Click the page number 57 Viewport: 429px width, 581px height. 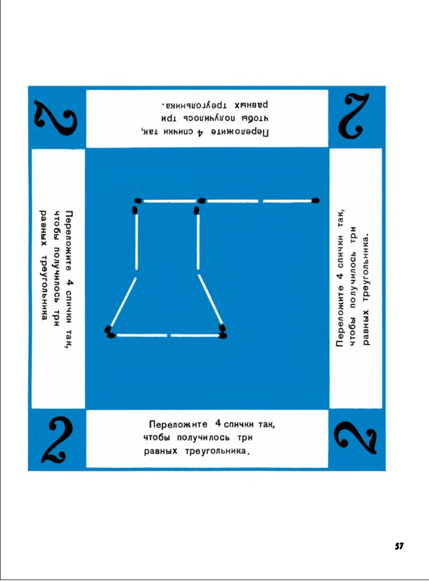[x=399, y=546]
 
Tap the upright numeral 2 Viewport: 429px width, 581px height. [x=58, y=439]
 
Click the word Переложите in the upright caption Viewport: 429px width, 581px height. [x=178, y=424]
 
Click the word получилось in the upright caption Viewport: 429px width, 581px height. [x=203, y=438]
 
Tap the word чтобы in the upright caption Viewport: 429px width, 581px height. [x=157, y=438]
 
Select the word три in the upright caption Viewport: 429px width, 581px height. [x=245, y=438]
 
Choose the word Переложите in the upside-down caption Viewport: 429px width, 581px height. [x=240, y=132]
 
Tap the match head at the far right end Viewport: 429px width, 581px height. [x=316, y=201]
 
